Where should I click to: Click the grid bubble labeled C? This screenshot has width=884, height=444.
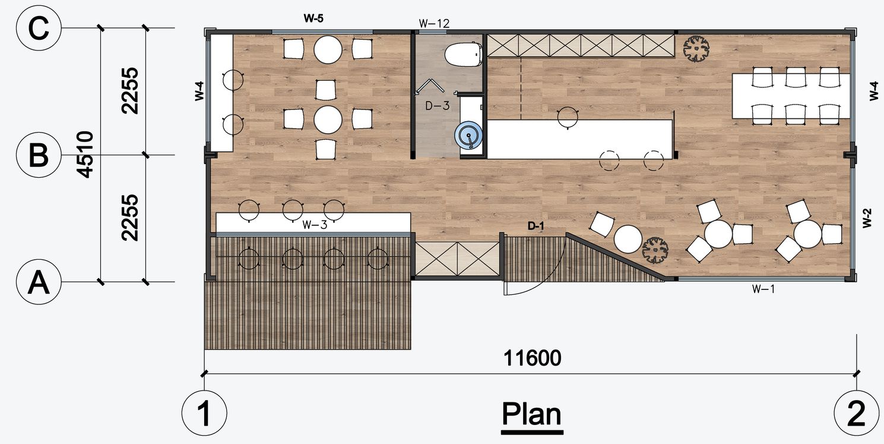39,28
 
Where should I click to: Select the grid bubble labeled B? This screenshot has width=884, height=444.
39,155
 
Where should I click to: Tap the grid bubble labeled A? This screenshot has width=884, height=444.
39,282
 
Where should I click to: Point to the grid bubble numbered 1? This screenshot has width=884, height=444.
204,413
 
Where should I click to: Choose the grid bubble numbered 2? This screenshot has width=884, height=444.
856,413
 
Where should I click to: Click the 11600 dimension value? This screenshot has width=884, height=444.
532,358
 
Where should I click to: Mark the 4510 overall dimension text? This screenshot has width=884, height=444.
85,155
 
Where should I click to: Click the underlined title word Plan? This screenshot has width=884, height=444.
531,414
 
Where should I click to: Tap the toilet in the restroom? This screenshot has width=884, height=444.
464,54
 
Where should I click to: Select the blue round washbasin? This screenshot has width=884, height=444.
468,135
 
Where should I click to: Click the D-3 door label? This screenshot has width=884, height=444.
438,105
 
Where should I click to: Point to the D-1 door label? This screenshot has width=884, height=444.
536,226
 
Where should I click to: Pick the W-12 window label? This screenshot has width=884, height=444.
434,24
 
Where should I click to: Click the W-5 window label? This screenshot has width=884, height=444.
313,18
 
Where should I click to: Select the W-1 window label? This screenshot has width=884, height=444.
763,289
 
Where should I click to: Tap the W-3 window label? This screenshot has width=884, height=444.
315,225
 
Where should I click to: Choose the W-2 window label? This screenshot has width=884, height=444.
867,218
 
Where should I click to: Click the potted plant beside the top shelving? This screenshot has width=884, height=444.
696,49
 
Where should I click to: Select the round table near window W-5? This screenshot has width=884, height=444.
328,49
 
